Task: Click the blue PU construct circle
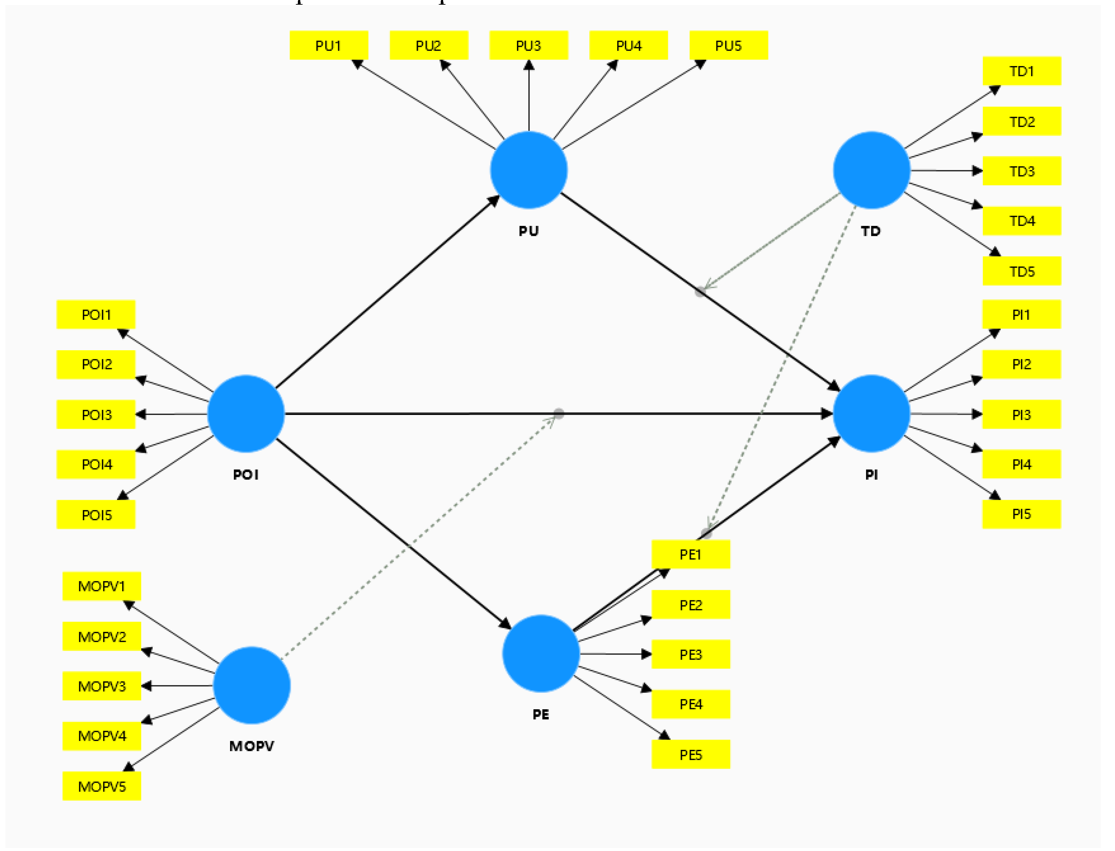point(529,170)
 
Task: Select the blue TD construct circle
point(871,170)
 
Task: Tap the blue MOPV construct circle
point(252,685)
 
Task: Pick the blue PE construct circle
point(541,654)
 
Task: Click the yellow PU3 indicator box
point(529,46)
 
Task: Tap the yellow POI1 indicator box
point(96,315)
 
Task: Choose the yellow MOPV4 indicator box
point(101,735)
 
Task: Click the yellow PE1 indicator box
point(690,554)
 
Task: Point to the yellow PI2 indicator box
point(1021,364)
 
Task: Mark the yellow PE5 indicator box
point(690,755)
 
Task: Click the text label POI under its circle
point(246,475)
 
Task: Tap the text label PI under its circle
point(871,475)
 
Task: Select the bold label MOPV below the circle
point(252,746)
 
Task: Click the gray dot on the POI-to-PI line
point(559,413)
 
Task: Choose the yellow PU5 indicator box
point(728,46)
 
